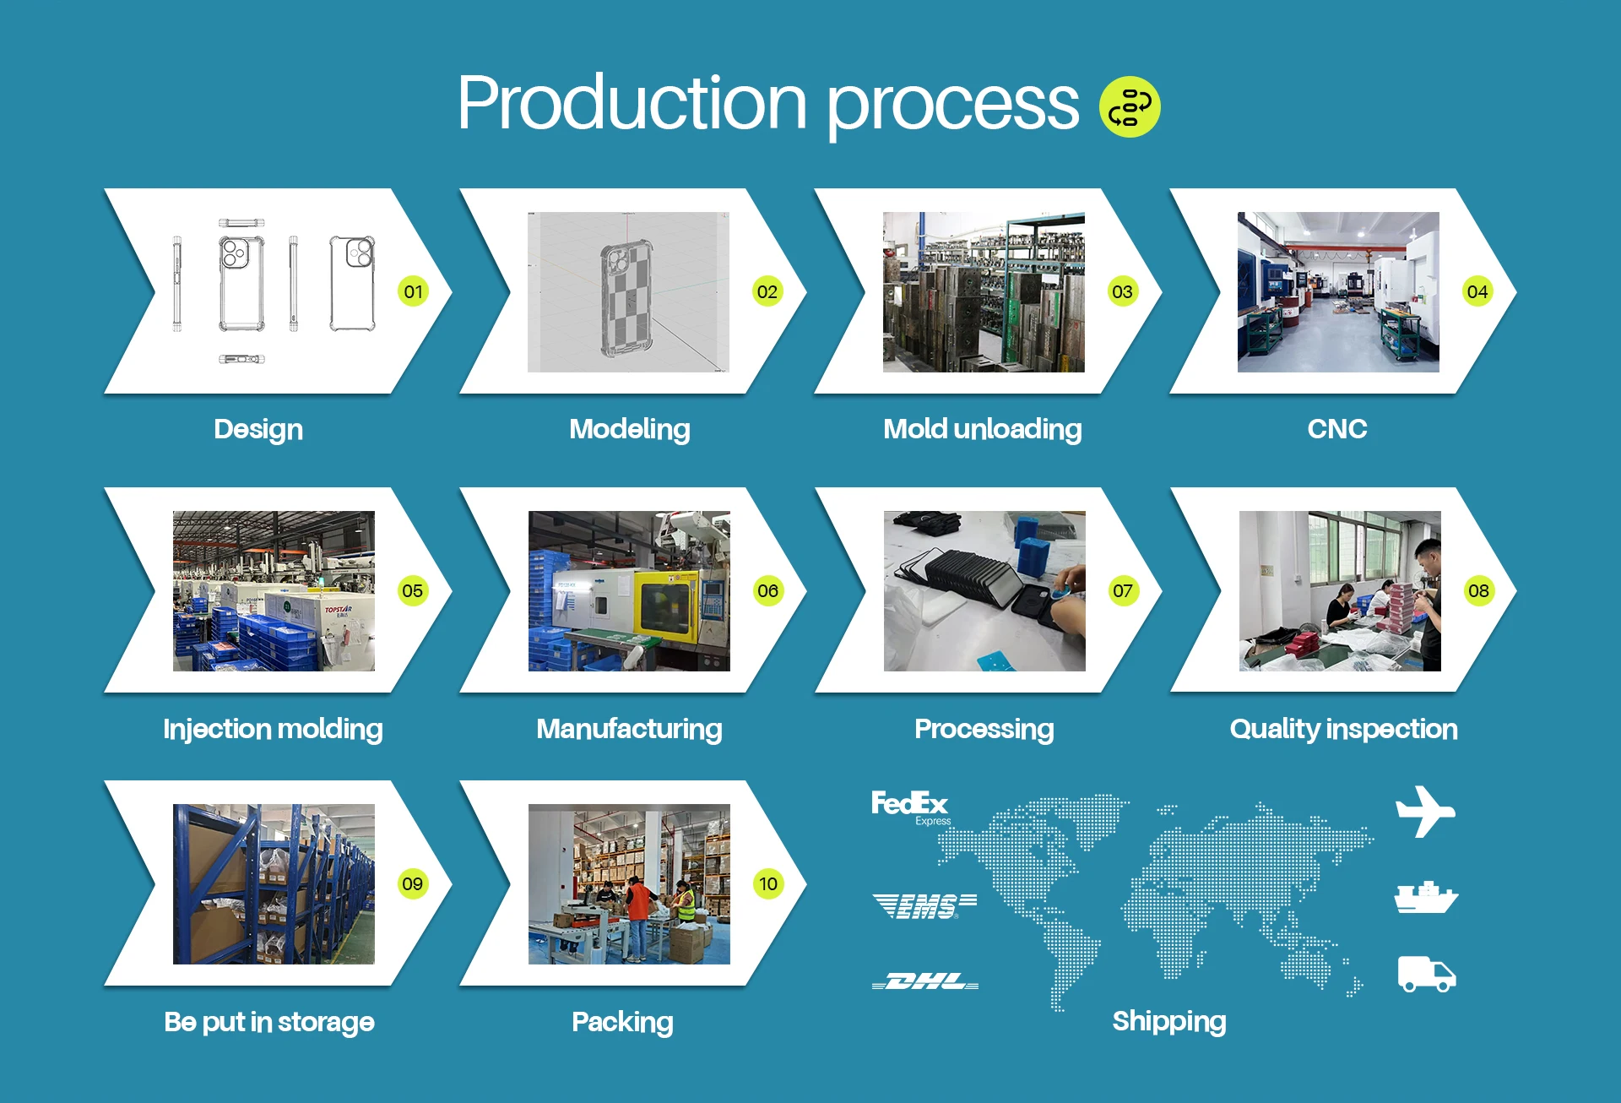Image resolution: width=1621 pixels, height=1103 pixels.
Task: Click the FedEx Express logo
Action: point(910,807)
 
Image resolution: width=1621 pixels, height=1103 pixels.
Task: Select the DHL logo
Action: point(925,981)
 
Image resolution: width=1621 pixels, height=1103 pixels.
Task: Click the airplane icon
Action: point(1425,812)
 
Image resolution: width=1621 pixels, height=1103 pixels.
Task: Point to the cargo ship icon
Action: point(1426,898)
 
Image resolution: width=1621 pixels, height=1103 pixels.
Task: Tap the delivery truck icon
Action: point(1427,974)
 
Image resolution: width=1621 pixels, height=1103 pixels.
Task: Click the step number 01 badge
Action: point(413,291)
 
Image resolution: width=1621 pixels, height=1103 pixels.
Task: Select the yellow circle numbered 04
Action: point(1477,291)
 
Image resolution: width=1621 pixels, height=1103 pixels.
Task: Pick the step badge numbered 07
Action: point(1122,590)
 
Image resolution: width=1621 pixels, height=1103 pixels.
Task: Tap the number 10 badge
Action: point(767,883)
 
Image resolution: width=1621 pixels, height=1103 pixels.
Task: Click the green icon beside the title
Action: point(1130,106)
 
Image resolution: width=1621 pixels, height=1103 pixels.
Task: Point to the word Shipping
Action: point(1169,1021)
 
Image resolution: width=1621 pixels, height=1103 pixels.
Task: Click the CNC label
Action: point(1337,429)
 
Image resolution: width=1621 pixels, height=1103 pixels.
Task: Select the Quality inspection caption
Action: point(1343,729)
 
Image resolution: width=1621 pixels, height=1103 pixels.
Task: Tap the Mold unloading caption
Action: point(982,429)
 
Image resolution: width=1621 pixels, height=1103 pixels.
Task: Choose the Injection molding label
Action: point(273,729)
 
